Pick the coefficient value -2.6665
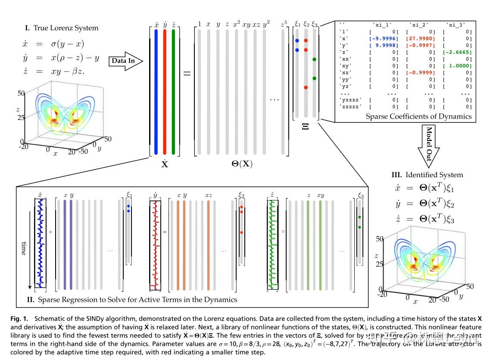pyautogui.click(x=458, y=52)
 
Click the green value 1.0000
pyautogui.click(x=459, y=66)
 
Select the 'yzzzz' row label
pyautogui.click(x=350, y=99)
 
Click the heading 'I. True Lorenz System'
pyautogui.click(x=61, y=28)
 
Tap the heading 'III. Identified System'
pyautogui.click(x=427, y=175)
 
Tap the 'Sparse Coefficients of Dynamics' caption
pyautogui.click(x=418, y=116)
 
